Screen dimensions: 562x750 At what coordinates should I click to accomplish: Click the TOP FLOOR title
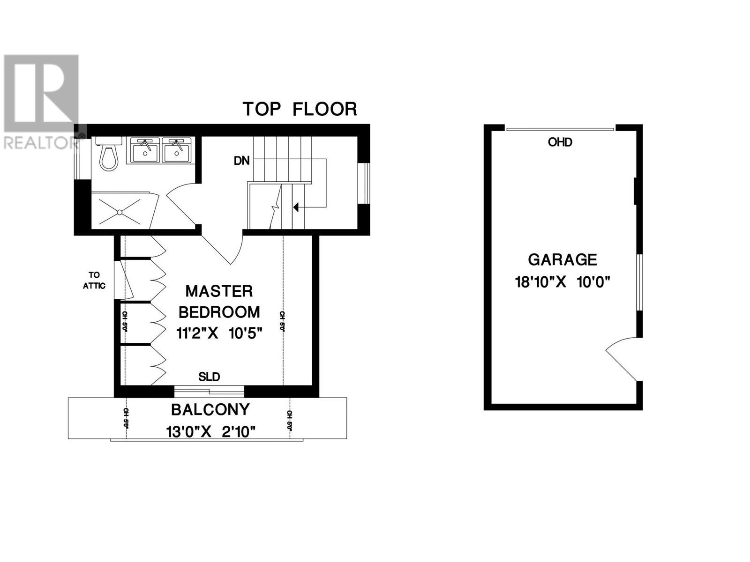[300, 109]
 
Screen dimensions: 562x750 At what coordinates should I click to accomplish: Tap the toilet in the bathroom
[110, 154]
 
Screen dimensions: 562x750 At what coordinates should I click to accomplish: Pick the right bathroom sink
[177, 150]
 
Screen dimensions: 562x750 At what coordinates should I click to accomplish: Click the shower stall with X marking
[120, 212]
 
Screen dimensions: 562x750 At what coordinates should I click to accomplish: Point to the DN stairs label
[242, 161]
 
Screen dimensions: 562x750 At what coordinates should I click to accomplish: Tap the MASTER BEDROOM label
[219, 302]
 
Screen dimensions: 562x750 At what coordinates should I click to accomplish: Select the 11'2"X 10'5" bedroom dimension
[219, 333]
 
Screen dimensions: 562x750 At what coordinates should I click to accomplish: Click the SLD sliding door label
[209, 377]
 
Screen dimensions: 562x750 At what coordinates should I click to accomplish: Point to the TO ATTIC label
[94, 281]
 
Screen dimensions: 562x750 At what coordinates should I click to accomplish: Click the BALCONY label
[210, 410]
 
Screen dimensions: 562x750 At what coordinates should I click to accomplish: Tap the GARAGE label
[562, 259]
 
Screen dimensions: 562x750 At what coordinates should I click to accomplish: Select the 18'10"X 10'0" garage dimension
[562, 282]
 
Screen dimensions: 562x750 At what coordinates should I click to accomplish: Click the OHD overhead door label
[560, 142]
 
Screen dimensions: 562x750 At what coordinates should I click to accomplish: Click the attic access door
[125, 280]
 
